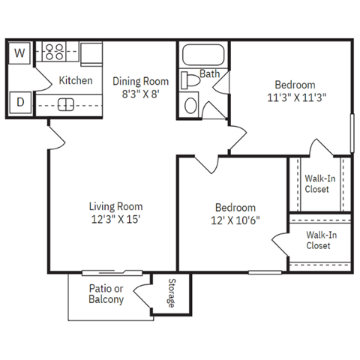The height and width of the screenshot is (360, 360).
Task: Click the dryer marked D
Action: [20, 101]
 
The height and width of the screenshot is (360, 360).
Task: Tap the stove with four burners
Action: [55, 52]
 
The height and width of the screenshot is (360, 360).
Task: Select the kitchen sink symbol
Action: [66, 103]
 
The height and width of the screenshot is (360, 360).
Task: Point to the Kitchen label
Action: [76, 80]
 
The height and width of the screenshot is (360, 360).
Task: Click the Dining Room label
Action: [140, 81]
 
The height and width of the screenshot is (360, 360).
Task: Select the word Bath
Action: [209, 73]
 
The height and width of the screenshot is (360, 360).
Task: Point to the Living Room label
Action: [115, 206]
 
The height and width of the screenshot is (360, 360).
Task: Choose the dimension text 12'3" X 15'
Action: [115, 220]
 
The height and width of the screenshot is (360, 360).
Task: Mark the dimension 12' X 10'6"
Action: [235, 221]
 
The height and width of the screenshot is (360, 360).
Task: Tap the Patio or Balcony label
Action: [106, 295]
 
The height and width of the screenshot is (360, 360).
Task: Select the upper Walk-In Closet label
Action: [320, 184]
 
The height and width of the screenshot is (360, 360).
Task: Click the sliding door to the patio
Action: [110, 272]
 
